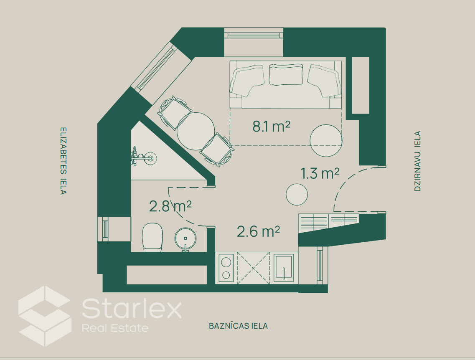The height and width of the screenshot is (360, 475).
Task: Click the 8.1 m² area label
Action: (272, 126)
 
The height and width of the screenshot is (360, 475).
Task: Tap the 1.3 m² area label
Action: (320, 173)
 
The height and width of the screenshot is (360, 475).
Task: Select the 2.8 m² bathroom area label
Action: (170, 206)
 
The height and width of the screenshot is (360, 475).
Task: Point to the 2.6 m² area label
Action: (258, 232)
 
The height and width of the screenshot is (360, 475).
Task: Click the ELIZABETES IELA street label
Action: (63, 160)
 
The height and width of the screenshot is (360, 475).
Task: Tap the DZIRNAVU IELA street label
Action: (417, 161)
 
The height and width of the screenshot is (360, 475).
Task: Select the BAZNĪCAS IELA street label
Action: (239, 326)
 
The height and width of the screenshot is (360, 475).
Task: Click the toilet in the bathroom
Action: (152, 237)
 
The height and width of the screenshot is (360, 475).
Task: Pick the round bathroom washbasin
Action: (185, 239)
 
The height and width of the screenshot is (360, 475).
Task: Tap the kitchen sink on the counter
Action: (284, 268)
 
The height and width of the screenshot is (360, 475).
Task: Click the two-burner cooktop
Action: (226, 268)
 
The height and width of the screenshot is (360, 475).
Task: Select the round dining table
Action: (196, 132)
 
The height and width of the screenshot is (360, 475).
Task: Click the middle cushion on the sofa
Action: (286, 74)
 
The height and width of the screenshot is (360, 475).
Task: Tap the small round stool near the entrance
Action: (297, 194)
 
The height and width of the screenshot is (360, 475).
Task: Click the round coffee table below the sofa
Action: (326, 140)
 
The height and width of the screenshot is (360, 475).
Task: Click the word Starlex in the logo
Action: (132, 308)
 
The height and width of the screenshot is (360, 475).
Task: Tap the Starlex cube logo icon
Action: (45, 316)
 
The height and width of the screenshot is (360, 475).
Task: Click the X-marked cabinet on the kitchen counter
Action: (253, 268)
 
